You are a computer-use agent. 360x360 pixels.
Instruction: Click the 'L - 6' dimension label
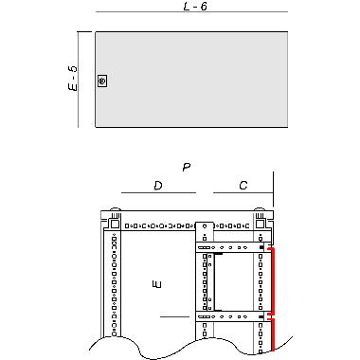[195, 7]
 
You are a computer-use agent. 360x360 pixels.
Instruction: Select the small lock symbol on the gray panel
[102, 81]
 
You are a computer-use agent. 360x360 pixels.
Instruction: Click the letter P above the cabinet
[187, 168]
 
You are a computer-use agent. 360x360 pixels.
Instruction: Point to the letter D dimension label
[158, 185]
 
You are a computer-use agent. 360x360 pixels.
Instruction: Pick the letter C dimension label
[243, 185]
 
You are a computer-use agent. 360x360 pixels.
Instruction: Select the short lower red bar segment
[273, 333]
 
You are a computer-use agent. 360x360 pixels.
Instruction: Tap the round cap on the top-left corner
[115, 211]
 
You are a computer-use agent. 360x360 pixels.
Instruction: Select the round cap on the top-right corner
[260, 211]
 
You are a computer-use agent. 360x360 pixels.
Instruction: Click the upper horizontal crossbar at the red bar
[232, 248]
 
